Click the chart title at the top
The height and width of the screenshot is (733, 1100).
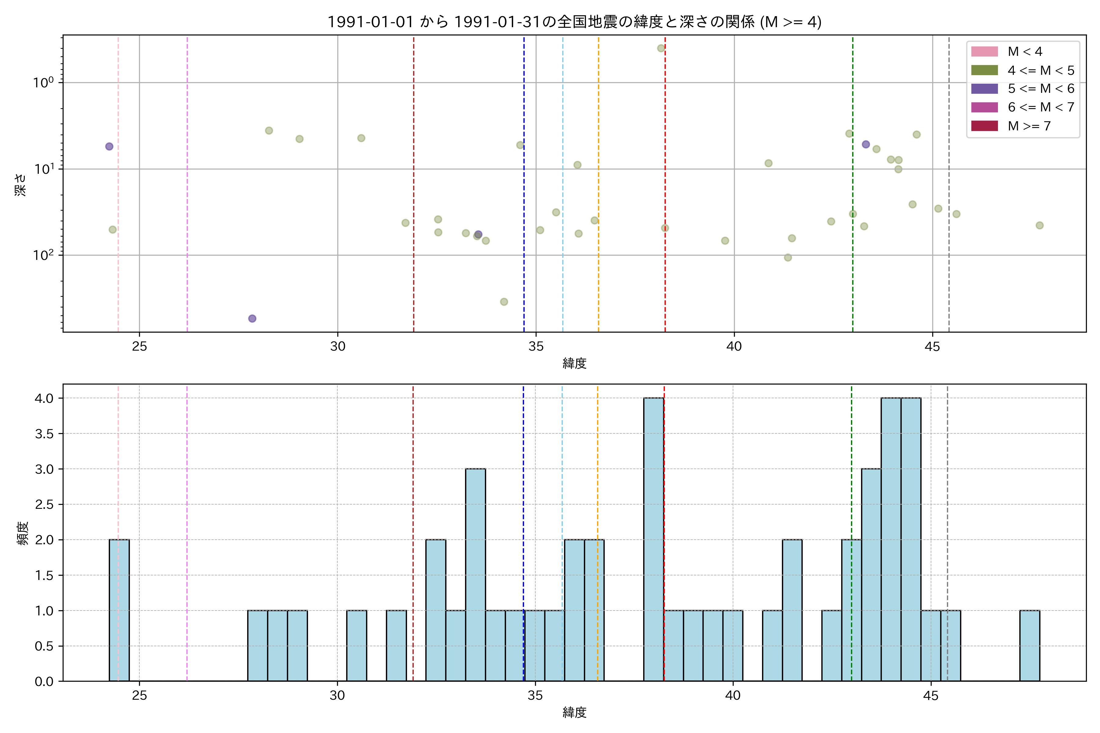pyautogui.click(x=574, y=22)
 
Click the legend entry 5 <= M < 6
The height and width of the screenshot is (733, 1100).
pyautogui.click(x=1041, y=89)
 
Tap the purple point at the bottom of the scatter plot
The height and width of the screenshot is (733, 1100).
pyautogui.click(x=252, y=318)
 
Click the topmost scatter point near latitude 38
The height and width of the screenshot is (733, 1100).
pyautogui.click(x=661, y=48)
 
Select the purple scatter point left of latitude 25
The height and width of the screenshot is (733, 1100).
pyautogui.click(x=109, y=146)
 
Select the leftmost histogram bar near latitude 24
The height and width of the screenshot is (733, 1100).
pyautogui.click(x=119, y=610)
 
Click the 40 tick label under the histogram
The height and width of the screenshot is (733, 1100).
pyautogui.click(x=733, y=696)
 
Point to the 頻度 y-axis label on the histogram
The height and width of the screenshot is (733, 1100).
pyautogui.click(x=22, y=533)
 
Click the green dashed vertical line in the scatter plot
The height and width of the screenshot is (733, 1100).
pyautogui.click(x=853, y=280)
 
